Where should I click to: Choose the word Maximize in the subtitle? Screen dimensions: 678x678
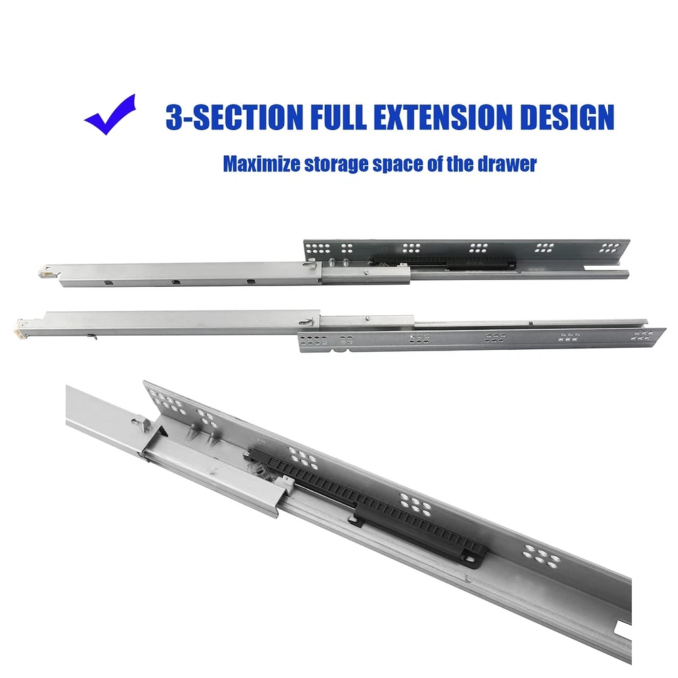coord(262,164)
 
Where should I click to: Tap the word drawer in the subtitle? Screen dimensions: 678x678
coord(506,164)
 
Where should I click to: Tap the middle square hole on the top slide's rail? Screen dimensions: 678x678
coord(176,282)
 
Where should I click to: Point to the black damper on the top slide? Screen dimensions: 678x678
coord(445,262)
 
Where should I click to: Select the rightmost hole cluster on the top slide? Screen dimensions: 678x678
coord(610,247)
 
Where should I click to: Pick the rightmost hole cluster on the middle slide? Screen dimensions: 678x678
coord(643,336)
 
